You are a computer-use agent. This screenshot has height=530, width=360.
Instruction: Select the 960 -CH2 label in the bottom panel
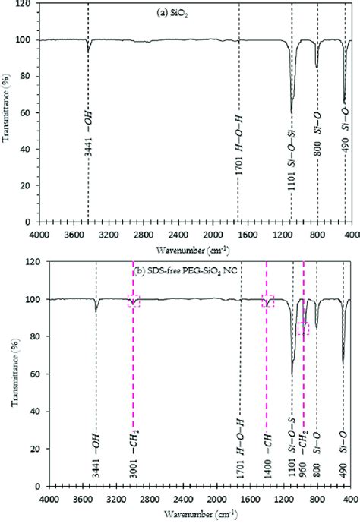pyautogui.click(x=304, y=421)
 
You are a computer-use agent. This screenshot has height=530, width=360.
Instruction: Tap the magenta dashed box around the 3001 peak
pyautogui.click(x=134, y=301)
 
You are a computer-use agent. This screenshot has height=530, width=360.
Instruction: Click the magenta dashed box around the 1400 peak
pyautogui.click(x=267, y=301)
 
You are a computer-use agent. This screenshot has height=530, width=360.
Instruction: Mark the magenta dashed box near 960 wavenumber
pyautogui.click(x=303, y=328)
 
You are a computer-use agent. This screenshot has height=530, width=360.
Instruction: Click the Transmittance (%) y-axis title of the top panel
pyautogui.click(x=7, y=112)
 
